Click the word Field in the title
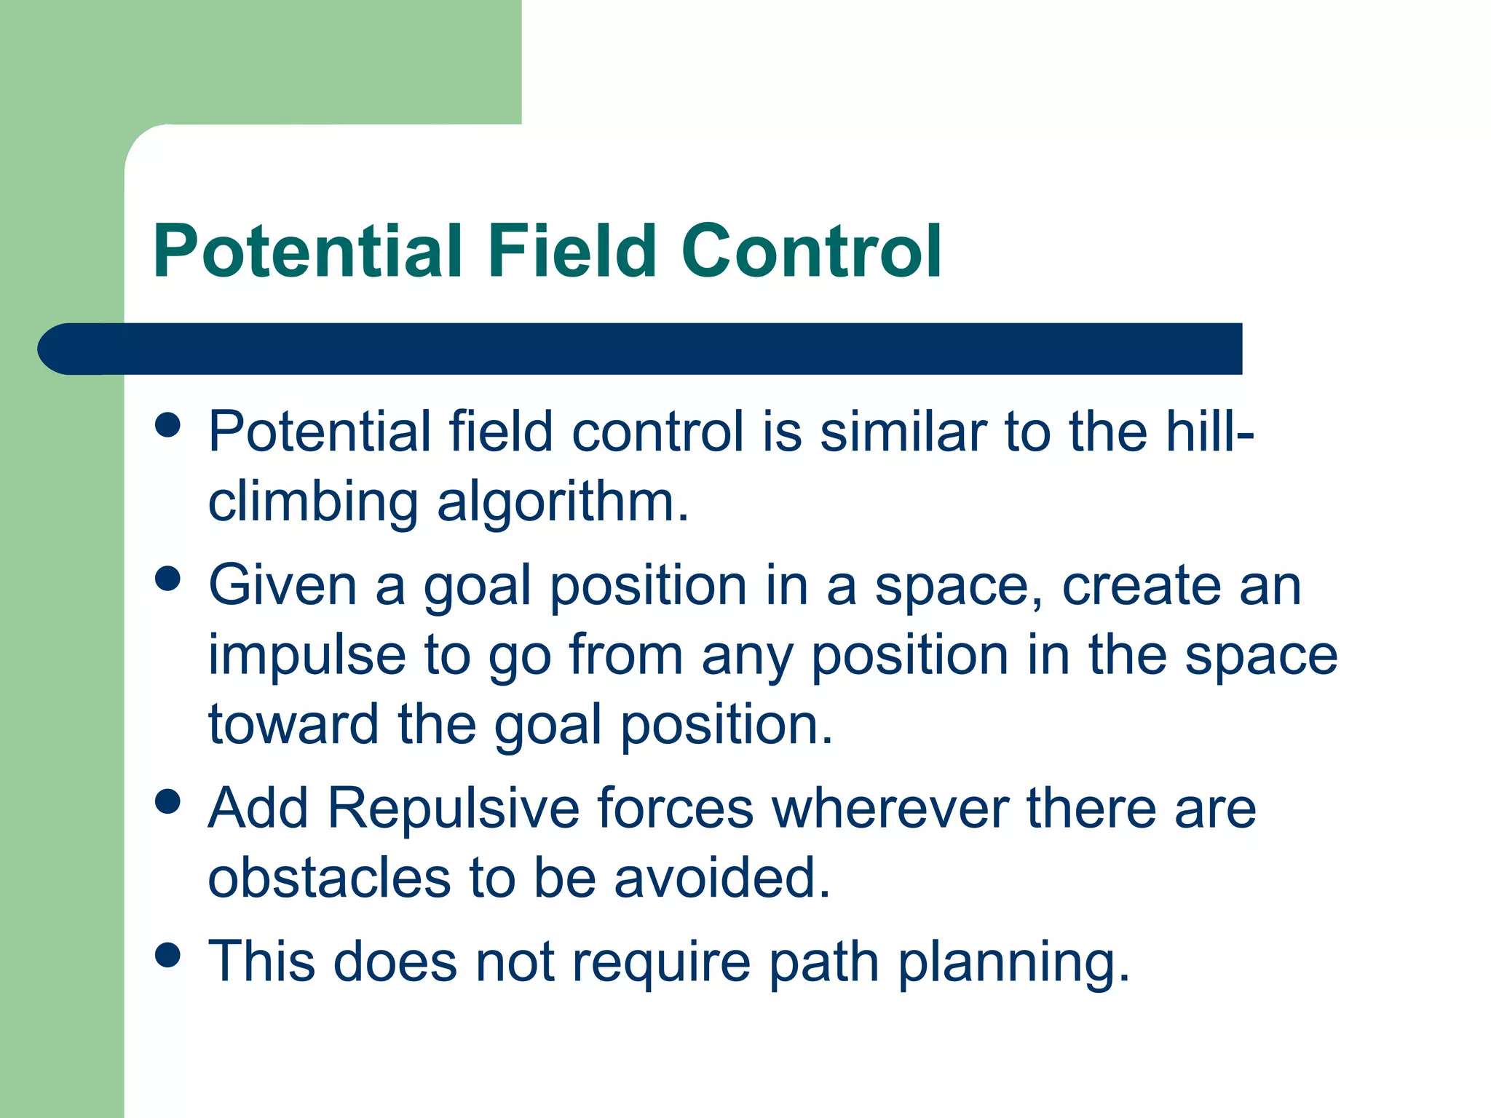pyautogui.click(x=572, y=251)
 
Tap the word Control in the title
pyautogui.click(x=811, y=251)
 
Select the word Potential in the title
pyautogui.click(x=308, y=251)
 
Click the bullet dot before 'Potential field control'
pyautogui.click(x=168, y=424)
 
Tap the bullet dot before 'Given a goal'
pyautogui.click(x=168, y=579)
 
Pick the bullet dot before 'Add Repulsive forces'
pyautogui.click(x=168, y=801)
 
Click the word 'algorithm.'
pyautogui.click(x=563, y=504)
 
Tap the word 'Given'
pyautogui.click(x=282, y=585)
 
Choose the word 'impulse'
pyautogui.click(x=306, y=655)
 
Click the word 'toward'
pyautogui.click(x=293, y=725)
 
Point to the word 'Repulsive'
pyautogui.click(x=453, y=808)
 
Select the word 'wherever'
pyautogui.click(x=890, y=808)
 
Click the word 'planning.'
pyautogui.click(x=1013, y=962)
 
